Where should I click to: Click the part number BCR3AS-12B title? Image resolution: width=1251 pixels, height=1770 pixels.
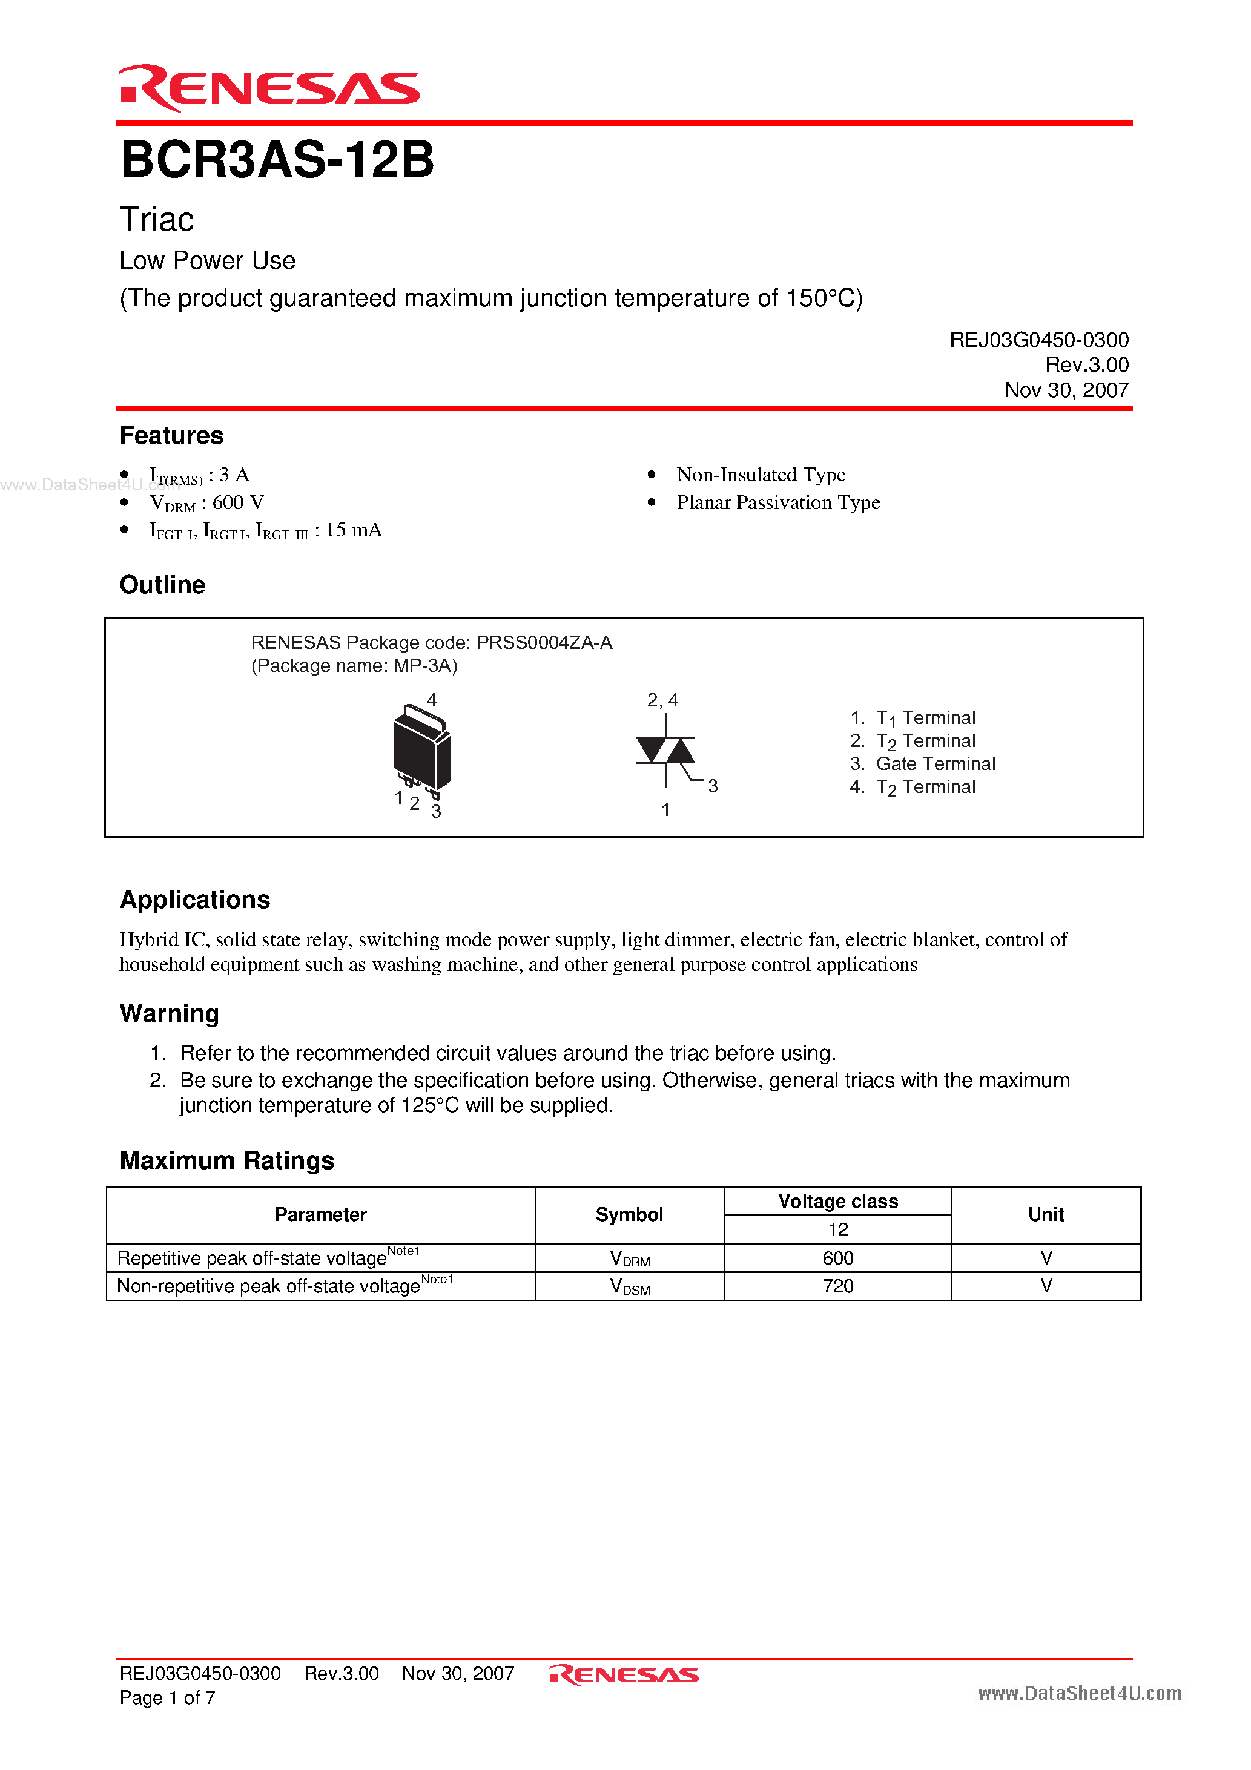tap(277, 160)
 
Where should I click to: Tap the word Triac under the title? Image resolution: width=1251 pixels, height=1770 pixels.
tap(157, 220)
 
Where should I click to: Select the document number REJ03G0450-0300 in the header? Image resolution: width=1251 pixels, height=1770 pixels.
tap(1038, 340)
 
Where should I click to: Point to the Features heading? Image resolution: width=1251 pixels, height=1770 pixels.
tap(171, 436)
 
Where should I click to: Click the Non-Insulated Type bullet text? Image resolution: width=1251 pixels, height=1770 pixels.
tap(761, 475)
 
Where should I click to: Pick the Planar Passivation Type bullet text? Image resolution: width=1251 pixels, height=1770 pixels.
tap(777, 502)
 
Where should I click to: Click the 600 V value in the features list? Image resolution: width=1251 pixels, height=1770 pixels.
tap(237, 502)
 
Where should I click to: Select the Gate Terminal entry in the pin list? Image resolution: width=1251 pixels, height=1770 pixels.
tap(935, 763)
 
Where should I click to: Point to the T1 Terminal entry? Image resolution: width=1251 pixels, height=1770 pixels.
tap(925, 718)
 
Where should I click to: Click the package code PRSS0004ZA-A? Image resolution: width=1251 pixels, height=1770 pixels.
tap(544, 642)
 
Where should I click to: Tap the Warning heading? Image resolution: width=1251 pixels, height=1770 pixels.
tap(169, 1013)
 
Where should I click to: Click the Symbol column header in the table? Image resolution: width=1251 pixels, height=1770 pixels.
tap(629, 1214)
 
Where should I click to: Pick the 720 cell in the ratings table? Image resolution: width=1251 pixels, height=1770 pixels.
tap(837, 1286)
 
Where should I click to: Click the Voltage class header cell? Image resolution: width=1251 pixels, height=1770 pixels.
tap(837, 1201)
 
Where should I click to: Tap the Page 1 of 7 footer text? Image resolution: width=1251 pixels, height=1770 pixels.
tap(167, 1697)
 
